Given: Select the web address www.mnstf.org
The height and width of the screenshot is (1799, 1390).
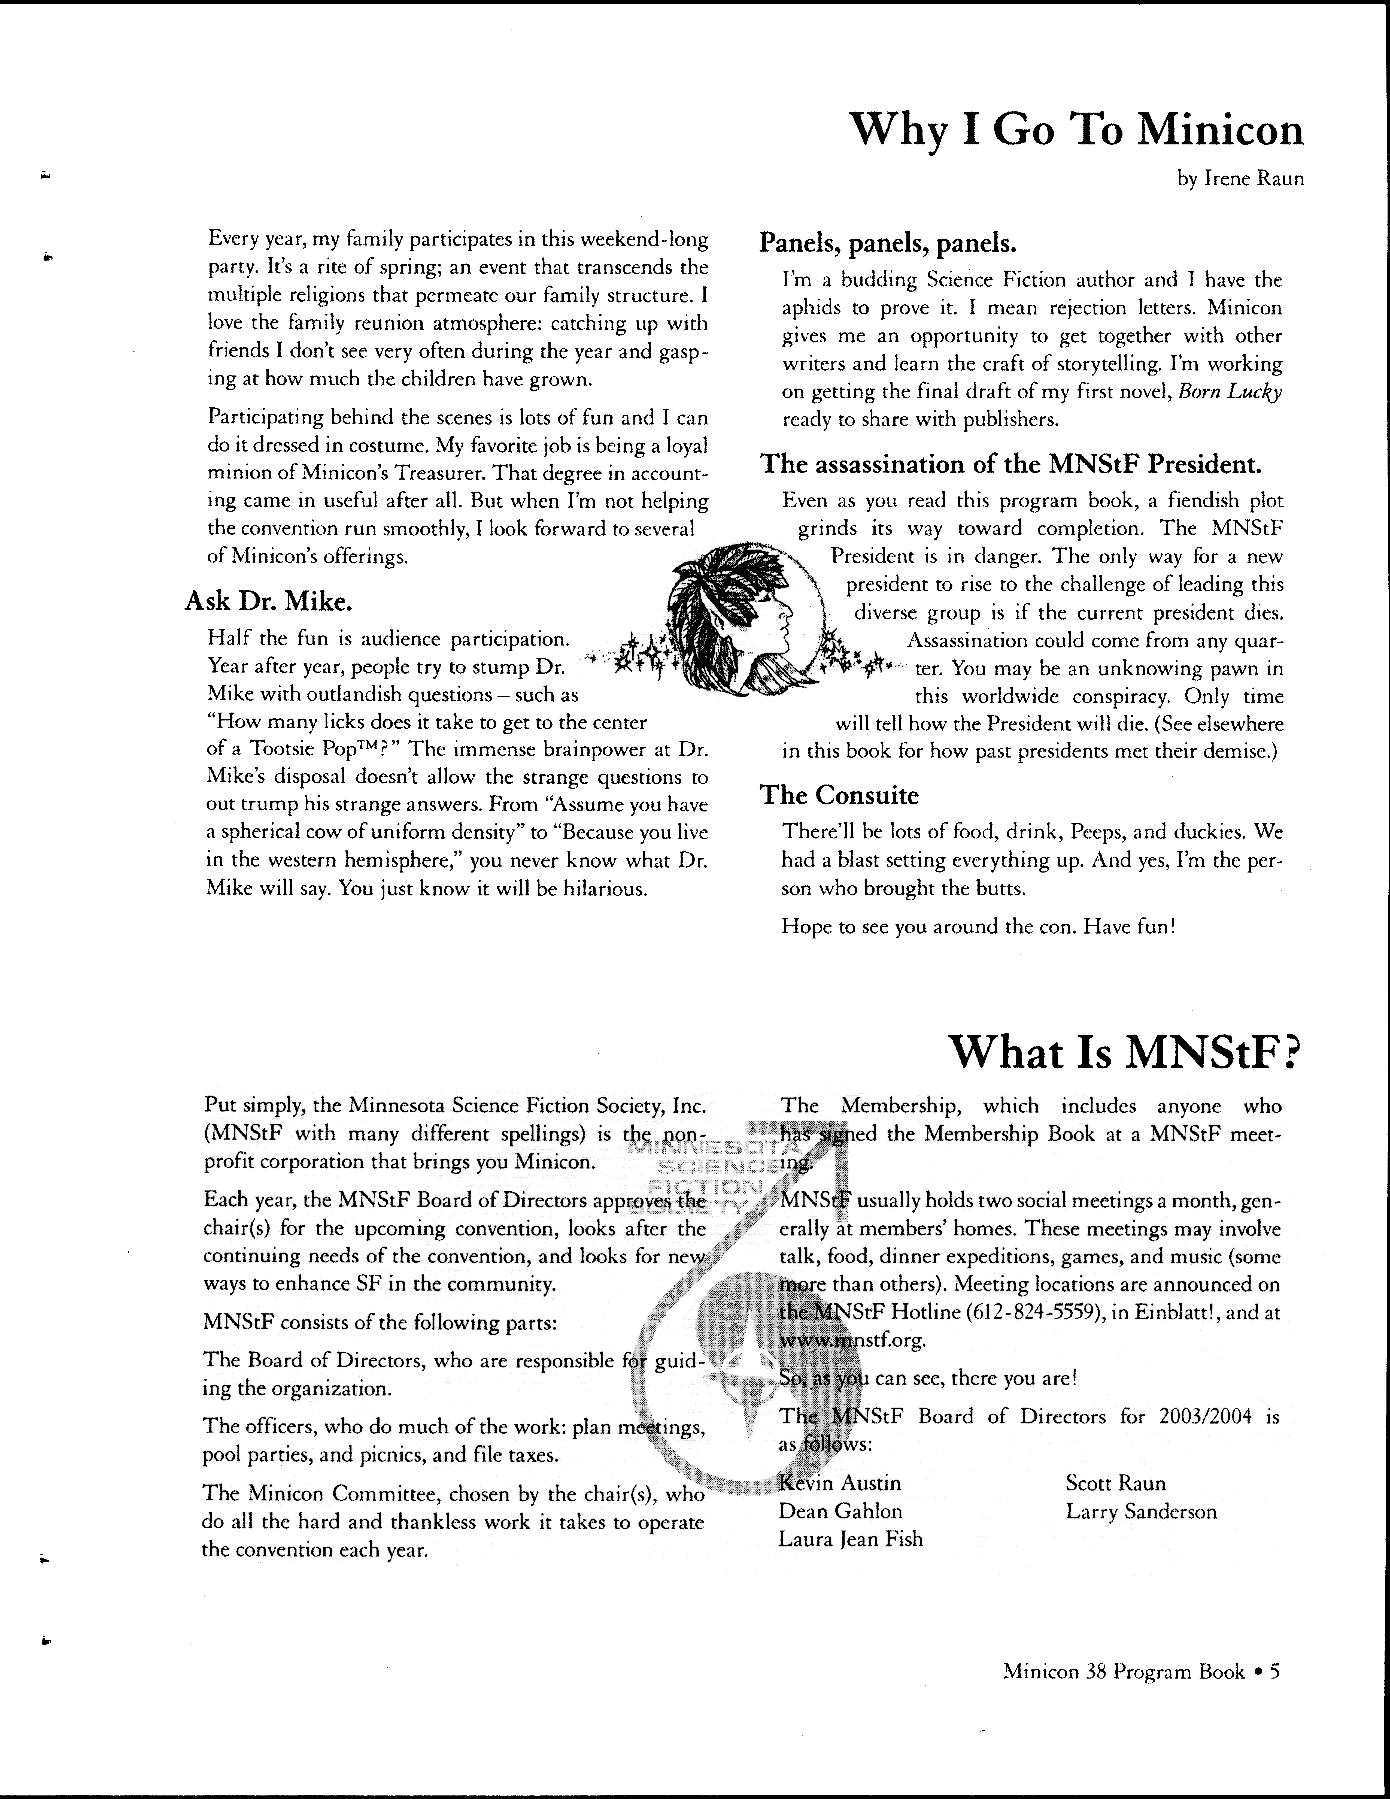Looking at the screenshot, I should point(852,1340).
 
